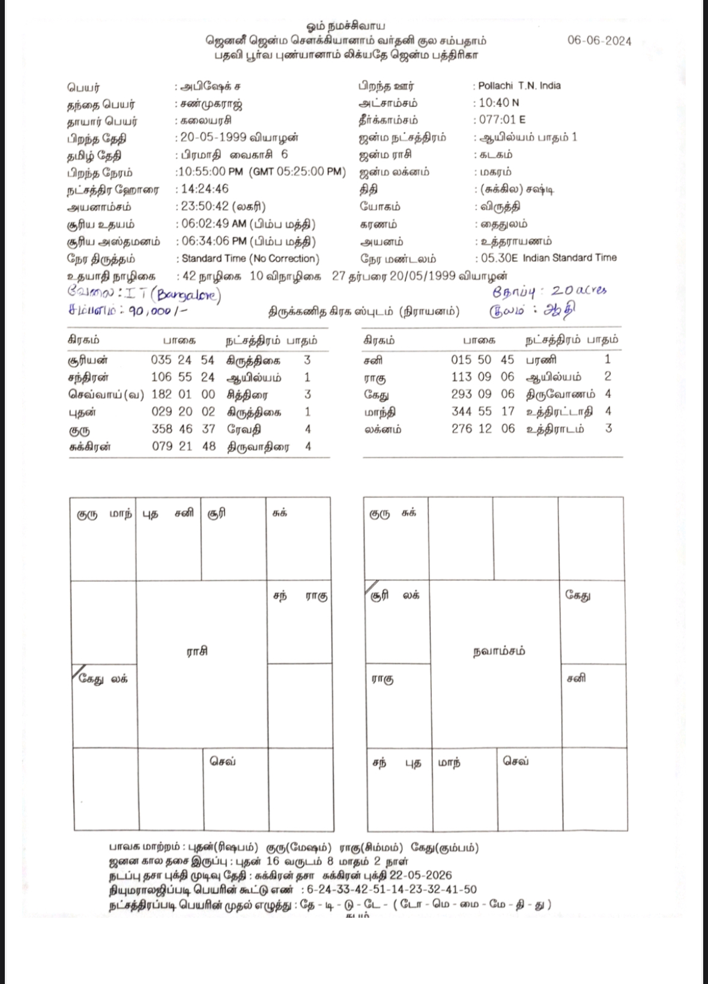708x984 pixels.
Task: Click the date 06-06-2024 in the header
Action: [x=599, y=41]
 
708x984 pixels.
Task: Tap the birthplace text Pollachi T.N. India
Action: [x=519, y=86]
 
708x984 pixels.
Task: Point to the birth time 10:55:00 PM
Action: [x=210, y=172]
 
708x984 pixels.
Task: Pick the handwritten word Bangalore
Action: [x=189, y=296]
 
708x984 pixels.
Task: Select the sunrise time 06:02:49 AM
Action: [x=214, y=224]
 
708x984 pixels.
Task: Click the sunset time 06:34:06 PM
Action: [x=214, y=241]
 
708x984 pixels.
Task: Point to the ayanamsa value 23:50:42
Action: [x=205, y=207]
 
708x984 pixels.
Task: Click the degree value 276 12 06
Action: [x=483, y=429]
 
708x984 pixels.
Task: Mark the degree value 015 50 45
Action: [x=483, y=359]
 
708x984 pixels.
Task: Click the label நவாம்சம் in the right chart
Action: [x=499, y=651]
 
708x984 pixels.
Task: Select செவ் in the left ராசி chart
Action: [x=223, y=761]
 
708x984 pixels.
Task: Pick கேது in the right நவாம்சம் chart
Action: [x=578, y=595]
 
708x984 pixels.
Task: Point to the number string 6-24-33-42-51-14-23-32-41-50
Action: [x=392, y=890]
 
